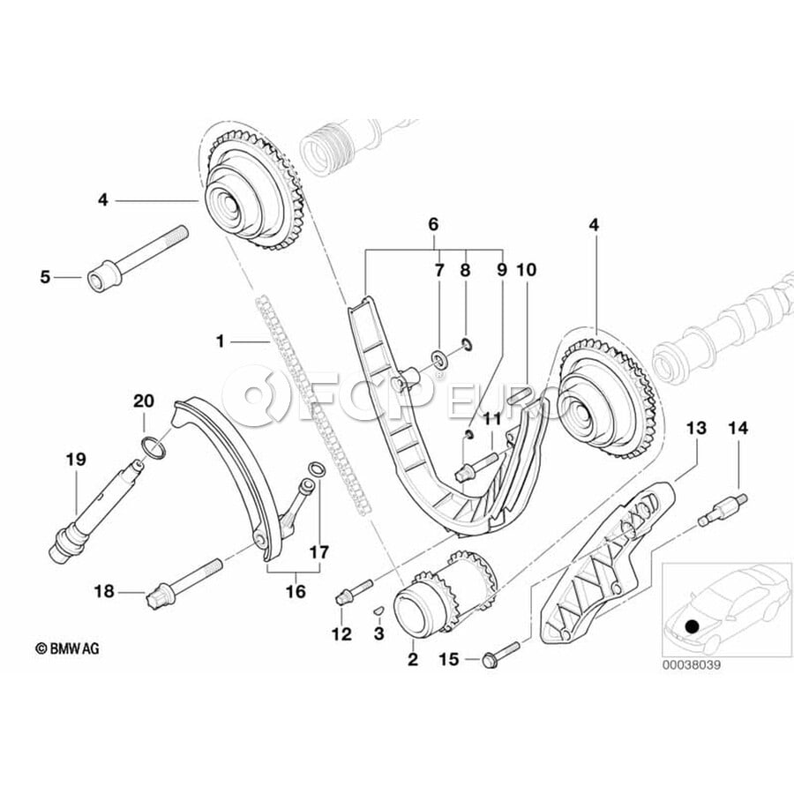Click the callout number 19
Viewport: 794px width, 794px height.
pyautogui.click(x=76, y=458)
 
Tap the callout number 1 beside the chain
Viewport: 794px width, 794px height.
pyautogui.click(x=221, y=339)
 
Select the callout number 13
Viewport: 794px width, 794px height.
pyautogui.click(x=697, y=428)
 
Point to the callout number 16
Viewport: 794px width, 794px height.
pyautogui.click(x=296, y=590)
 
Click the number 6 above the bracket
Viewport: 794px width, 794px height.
pyautogui.click(x=433, y=225)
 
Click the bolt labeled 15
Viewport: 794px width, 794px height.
pyautogui.click(x=498, y=656)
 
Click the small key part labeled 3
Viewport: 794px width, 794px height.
pyautogui.click(x=377, y=608)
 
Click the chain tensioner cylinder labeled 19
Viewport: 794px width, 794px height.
pyautogui.click(x=83, y=521)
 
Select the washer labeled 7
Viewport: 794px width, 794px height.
pyautogui.click(x=438, y=359)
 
